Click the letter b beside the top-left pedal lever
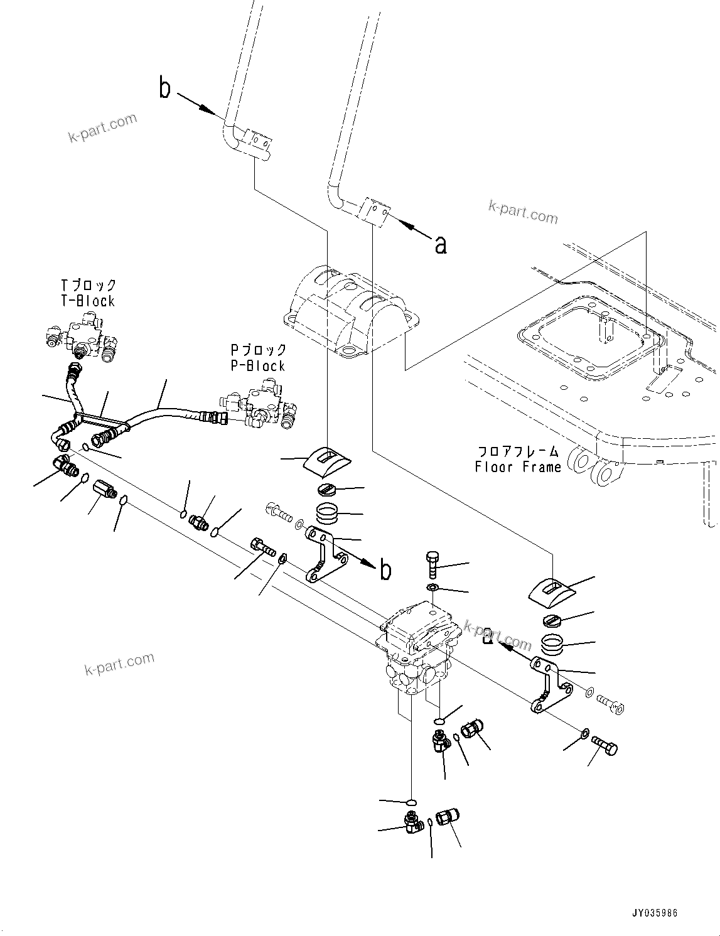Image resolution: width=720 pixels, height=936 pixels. click(x=164, y=89)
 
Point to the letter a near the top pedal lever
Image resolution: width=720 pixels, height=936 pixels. click(x=441, y=244)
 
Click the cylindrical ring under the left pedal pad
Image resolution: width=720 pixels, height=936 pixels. click(x=328, y=514)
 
